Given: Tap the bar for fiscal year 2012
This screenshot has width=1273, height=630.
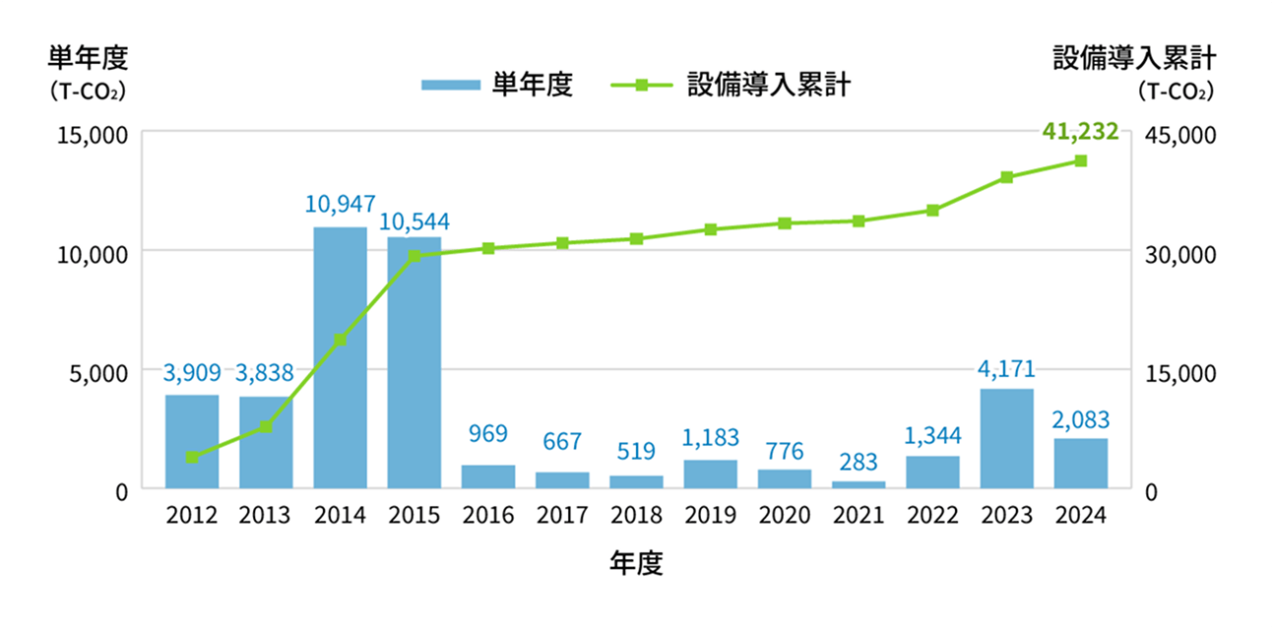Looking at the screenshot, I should [192, 441].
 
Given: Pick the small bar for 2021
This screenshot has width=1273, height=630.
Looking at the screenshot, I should [859, 484].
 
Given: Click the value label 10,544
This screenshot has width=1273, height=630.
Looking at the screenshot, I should [414, 221].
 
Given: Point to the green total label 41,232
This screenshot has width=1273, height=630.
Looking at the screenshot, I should [1080, 131].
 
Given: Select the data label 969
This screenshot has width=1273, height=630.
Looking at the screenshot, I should [487, 434].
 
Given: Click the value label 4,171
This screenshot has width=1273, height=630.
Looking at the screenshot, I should [1006, 370].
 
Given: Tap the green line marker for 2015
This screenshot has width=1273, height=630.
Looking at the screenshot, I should [414, 256].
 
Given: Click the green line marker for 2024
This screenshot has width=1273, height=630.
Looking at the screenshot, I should [1080, 160].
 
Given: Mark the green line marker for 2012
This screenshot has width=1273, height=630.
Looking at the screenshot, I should [192, 457].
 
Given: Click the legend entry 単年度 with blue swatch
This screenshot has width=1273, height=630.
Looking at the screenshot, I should [497, 85].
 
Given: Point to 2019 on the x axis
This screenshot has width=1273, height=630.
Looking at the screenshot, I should [710, 516].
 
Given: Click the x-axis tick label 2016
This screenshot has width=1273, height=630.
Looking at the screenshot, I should [487, 516].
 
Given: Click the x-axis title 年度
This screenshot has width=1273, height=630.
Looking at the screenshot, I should [636, 563].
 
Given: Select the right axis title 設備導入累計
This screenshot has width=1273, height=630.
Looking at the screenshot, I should [1134, 58].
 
